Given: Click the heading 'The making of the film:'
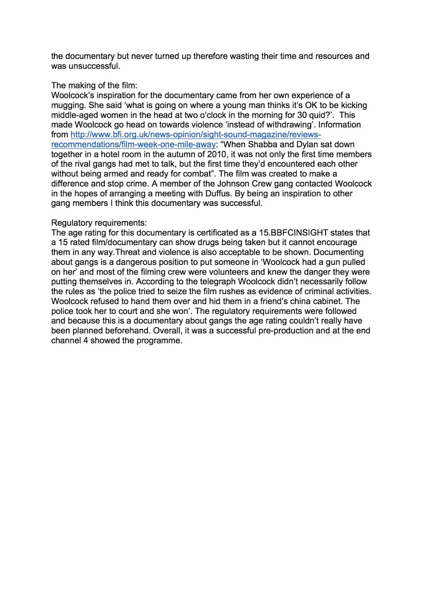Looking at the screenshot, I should click(94, 86).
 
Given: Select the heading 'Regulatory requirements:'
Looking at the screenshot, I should click(99, 223).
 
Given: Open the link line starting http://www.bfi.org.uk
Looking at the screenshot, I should click(195, 135).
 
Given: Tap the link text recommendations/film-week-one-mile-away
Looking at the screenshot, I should click(133, 145).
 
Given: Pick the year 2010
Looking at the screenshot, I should click(217, 154).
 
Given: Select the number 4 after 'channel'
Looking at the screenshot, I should click(85, 340).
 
